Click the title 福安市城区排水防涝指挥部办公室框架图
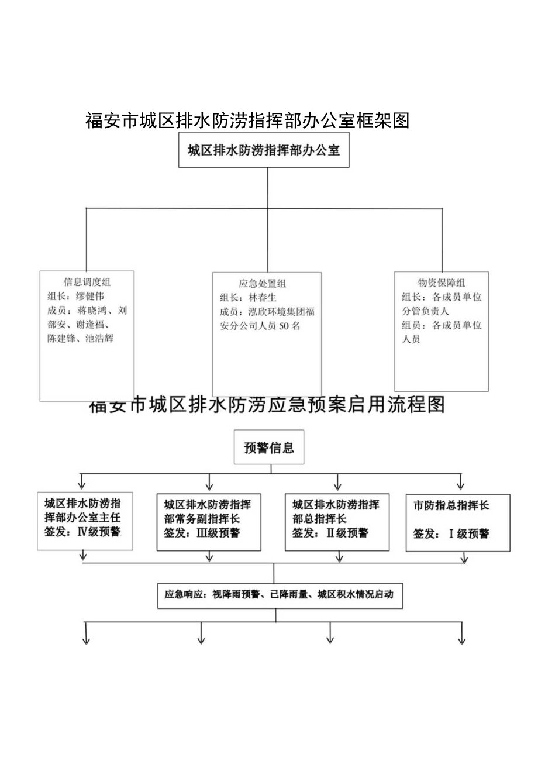[246, 120]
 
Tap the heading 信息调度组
[87, 283]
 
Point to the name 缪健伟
[90, 296]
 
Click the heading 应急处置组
[263, 284]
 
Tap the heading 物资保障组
[442, 283]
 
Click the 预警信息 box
[269, 448]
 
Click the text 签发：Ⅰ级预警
[451, 533]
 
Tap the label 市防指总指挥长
[451, 505]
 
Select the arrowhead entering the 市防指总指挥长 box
[460, 485]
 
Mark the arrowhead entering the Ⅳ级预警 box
[81, 484]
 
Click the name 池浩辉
[99, 338]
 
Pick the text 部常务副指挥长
[202, 518]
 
